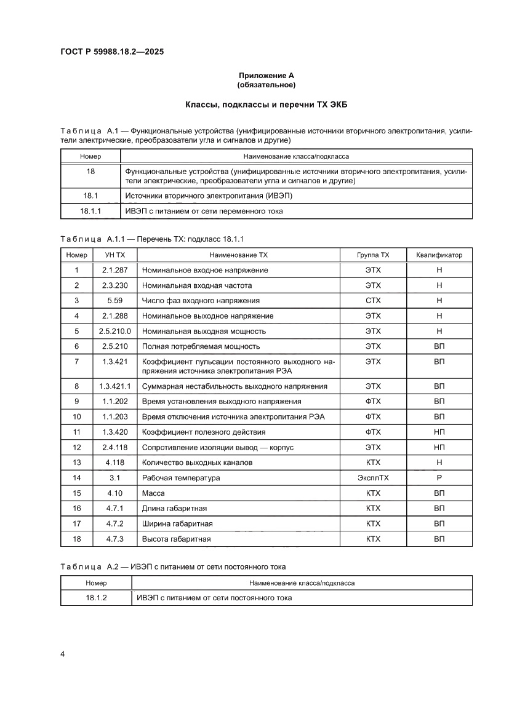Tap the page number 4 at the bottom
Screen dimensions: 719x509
[x=63, y=653]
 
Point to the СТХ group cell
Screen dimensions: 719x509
[x=373, y=301]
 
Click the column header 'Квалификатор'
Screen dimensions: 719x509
[x=439, y=255]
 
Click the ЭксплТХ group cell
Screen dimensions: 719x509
[x=373, y=478]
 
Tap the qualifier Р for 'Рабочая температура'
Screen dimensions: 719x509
[x=439, y=478]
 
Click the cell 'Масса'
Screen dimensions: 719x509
[x=153, y=493]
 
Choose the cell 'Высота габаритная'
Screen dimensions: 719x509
[x=176, y=539]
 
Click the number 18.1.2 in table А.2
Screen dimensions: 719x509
[x=96, y=598]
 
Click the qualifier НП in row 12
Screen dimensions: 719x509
[x=439, y=447]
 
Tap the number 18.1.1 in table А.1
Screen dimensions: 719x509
[x=90, y=211]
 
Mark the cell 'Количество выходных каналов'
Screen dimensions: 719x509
[x=197, y=463]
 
